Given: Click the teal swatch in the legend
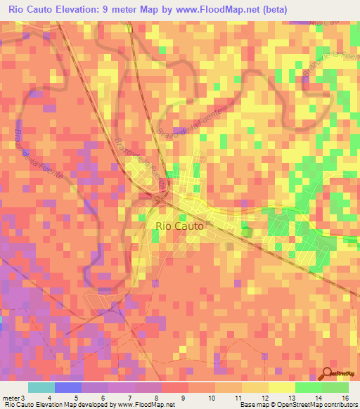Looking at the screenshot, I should tap(41, 387).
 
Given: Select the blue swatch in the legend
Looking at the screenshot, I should tap(67, 387).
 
